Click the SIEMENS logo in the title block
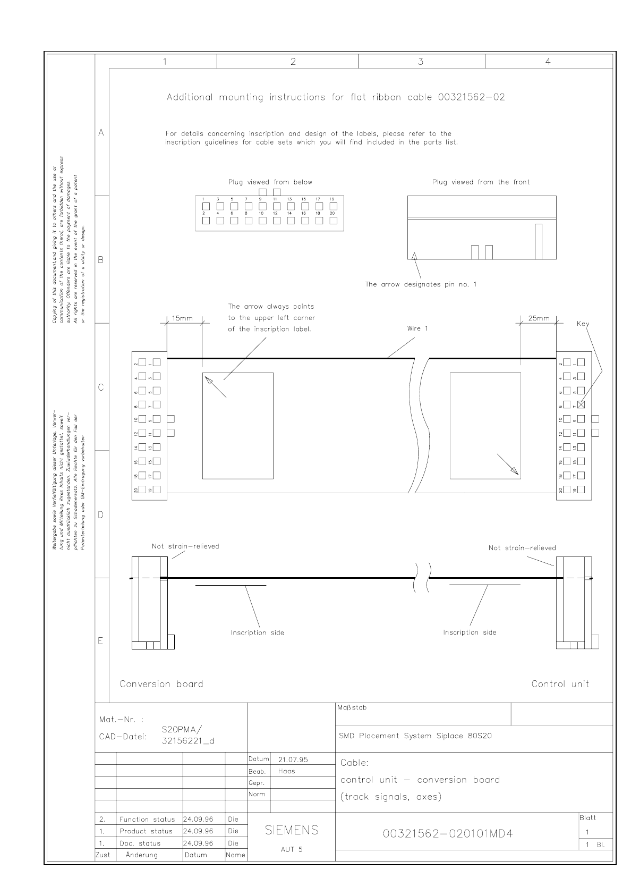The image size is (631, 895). (292, 830)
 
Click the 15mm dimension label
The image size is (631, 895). (182, 318)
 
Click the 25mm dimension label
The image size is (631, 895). (539, 318)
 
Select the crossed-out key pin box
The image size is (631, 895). (581, 404)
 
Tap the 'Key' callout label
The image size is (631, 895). (583, 324)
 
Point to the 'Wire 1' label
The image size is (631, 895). (417, 328)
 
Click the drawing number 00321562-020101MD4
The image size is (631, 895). (448, 833)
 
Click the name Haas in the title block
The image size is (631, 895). (286, 771)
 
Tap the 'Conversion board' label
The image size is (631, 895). (161, 684)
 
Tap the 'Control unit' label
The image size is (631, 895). (560, 684)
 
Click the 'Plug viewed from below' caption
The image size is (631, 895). (270, 182)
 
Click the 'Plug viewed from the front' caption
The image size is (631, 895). (481, 182)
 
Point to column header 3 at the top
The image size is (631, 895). (421, 62)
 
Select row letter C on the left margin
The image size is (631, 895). (101, 387)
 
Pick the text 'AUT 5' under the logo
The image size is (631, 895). (292, 849)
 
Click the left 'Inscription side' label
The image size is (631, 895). (257, 632)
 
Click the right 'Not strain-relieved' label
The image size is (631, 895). (522, 548)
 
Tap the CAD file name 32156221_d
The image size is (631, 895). (188, 741)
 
